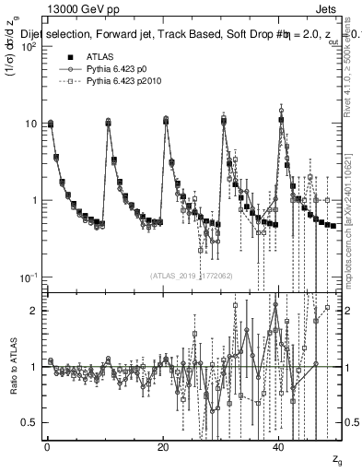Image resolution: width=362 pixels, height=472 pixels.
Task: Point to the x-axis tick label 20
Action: click(x=163, y=446)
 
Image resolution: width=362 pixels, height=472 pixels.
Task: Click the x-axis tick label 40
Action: click(x=279, y=446)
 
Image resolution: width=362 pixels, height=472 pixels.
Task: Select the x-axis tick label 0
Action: click(x=47, y=446)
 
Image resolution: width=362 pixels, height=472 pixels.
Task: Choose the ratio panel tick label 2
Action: click(x=35, y=311)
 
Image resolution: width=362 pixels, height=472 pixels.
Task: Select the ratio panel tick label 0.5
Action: click(x=30, y=422)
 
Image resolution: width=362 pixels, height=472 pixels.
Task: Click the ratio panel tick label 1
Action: click(x=35, y=367)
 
